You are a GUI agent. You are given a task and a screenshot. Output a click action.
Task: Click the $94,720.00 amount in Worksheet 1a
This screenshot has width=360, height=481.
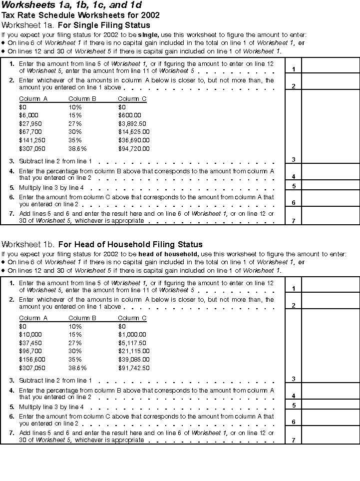tap(134, 149)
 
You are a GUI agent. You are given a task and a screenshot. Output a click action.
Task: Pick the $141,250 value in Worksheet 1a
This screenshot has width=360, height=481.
tap(31, 140)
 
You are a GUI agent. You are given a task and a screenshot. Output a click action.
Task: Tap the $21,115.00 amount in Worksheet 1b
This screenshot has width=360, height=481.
tap(134, 352)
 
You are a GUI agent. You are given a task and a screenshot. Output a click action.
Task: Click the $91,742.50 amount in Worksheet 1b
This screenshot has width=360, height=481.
tap(134, 368)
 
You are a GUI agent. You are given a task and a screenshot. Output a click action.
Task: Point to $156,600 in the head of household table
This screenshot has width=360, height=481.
tap(31, 360)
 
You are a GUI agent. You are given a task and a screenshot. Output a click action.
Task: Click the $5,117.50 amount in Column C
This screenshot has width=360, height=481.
tap(132, 343)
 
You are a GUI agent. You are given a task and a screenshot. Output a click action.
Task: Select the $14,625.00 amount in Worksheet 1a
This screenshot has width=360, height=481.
tap(134, 132)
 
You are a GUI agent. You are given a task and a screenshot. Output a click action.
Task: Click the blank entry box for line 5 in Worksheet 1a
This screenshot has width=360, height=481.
tap(330, 185)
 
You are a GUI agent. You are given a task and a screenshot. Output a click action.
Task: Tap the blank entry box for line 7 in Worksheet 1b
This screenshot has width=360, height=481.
tap(330, 436)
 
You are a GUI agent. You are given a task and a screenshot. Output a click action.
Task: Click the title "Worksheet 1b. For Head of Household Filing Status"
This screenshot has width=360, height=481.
tap(102, 244)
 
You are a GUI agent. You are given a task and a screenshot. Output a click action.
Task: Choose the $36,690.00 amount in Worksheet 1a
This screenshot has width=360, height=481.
tap(134, 140)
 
